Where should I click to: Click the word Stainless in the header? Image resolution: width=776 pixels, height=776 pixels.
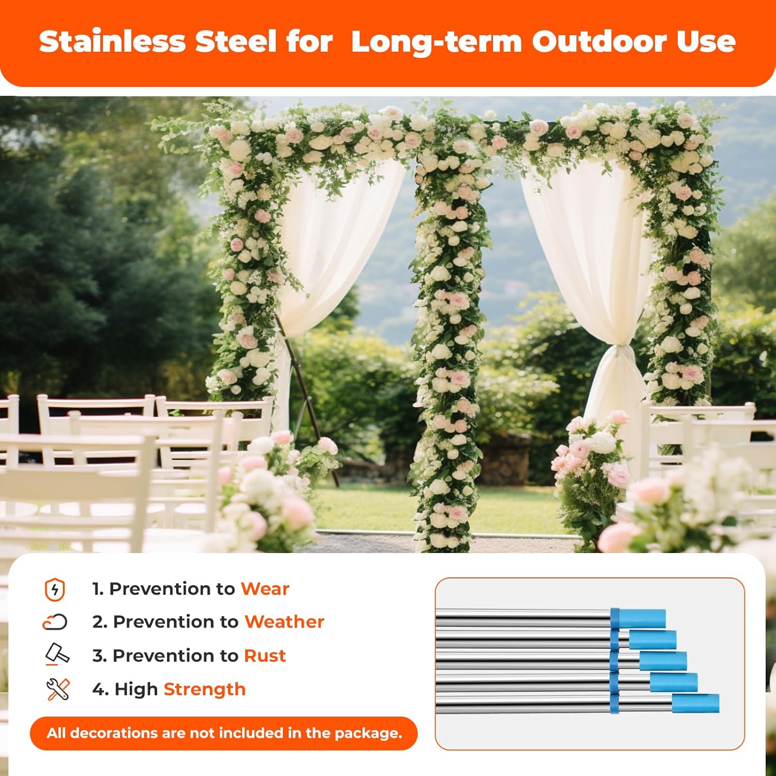click(112, 41)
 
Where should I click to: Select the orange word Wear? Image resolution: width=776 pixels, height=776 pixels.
click(265, 589)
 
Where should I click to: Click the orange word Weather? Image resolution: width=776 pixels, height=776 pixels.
click(284, 622)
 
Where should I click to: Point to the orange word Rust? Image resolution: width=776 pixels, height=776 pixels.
click(265, 655)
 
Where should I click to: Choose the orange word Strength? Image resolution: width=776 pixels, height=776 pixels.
click(204, 689)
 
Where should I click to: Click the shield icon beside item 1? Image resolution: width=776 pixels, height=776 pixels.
click(55, 590)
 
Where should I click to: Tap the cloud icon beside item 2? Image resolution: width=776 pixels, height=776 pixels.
click(55, 622)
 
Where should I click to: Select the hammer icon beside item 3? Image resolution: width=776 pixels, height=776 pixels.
click(57, 654)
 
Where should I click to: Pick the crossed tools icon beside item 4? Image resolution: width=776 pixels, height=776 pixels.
click(57, 690)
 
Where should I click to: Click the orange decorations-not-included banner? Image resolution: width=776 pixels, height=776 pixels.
click(223, 733)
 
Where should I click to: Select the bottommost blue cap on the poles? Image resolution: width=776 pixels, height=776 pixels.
click(695, 704)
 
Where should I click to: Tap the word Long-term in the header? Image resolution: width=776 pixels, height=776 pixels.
click(436, 41)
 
